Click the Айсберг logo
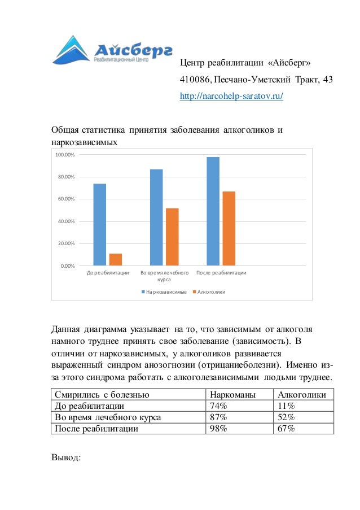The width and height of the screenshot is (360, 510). [112, 50]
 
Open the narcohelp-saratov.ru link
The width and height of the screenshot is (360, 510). [231, 96]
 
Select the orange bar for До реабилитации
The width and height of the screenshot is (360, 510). [116, 259]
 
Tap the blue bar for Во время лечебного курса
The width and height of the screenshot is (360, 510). [156, 217]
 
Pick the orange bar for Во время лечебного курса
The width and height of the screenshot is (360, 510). [172, 237]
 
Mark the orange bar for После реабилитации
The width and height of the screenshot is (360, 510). [229, 228]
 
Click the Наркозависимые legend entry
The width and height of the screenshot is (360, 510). [163, 292]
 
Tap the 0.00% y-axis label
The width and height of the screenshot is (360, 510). [67, 265]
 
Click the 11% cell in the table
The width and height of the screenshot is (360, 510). [284, 406]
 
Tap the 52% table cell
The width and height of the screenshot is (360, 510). [286, 417]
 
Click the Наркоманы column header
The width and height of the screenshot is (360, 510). [232, 395]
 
